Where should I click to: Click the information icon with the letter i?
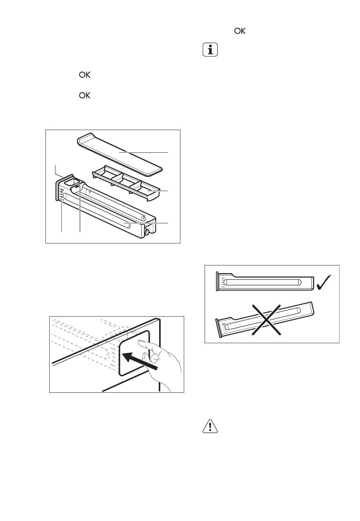(210, 50)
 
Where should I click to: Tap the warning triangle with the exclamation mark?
(210, 426)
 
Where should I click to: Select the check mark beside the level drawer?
(324, 282)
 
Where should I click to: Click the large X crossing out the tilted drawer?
(266, 319)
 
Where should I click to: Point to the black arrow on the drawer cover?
(139, 361)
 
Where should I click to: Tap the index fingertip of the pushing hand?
(140, 341)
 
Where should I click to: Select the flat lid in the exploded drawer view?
(119, 154)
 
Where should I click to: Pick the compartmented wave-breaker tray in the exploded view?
(127, 183)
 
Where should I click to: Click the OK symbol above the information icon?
(240, 31)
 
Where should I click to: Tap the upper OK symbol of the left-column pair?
(85, 75)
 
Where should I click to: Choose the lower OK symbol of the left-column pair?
(85, 95)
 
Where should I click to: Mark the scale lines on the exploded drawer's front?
(61, 195)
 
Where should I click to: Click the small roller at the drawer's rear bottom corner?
(146, 233)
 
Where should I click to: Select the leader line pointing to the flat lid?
(144, 152)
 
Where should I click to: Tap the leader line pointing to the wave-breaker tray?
(158, 191)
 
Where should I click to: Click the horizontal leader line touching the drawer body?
(146, 223)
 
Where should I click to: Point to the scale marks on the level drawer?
(223, 282)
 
